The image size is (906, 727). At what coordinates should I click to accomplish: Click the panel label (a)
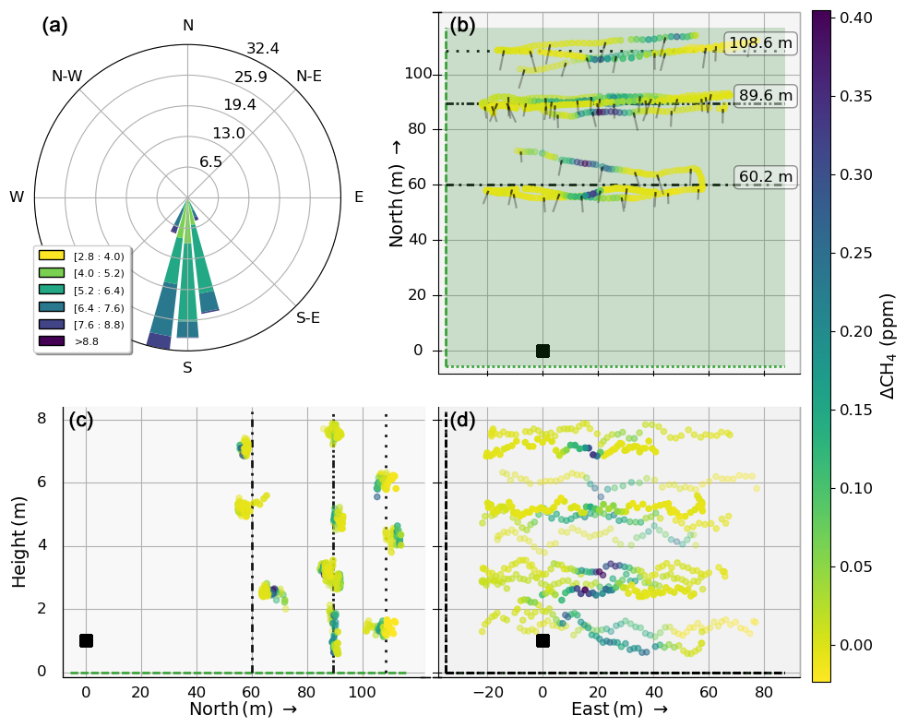[x=54, y=26]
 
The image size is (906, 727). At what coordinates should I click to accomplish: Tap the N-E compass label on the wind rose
[x=309, y=77]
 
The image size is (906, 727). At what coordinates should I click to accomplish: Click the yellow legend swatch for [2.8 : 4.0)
[x=51, y=256]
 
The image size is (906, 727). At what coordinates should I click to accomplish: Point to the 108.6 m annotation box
[x=761, y=43]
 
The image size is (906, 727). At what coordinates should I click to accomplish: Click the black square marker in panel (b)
[x=542, y=351]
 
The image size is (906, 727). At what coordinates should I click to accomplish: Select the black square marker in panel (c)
[x=86, y=640]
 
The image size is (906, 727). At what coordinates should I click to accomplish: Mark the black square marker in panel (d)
[x=542, y=640]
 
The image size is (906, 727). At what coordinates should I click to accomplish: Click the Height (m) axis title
[x=20, y=541]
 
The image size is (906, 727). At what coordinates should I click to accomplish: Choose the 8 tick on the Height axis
[x=41, y=419]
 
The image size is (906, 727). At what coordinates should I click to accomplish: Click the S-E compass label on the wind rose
[x=308, y=318]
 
